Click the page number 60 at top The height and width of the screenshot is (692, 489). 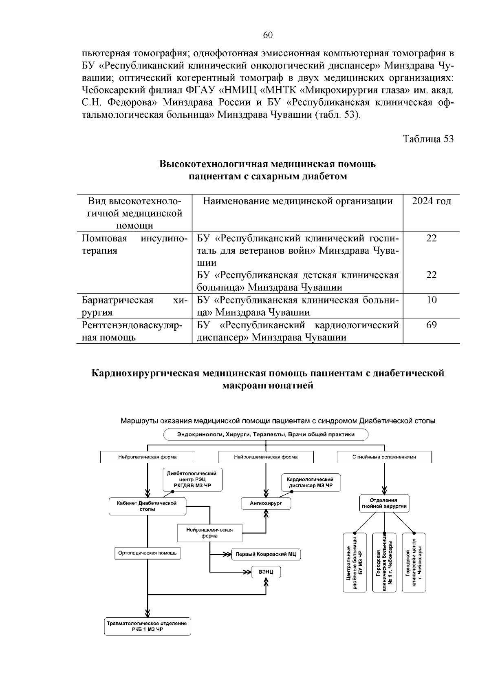pyautogui.click(x=268, y=35)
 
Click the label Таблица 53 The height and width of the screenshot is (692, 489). pyautogui.click(x=428, y=139)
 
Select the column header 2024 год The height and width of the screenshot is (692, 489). pyautogui.click(x=431, y=201)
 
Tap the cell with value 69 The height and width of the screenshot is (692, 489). pyautogui.click(x=431, y=325)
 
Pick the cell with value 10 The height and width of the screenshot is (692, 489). pyautogui.click(x=431, y=300)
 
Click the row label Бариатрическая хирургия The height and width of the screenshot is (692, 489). pyautogui.click(x=134, y=306)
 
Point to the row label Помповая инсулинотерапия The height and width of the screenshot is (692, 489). pyautogui.click(x=134, y=244)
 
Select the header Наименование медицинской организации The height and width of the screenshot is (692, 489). pyautogui.click(x=297, y=201)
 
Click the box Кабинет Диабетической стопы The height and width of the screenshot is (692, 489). pyautogui.click(x=147, y=506)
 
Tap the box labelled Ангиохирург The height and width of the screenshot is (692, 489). pyautogui.click(x=266, y=504)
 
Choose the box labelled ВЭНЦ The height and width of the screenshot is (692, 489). pyautogui.click(x=266, y=572)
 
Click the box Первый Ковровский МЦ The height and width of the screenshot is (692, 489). pyautogui.click(x=266, y=554)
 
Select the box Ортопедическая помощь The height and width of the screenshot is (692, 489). pyautogui.click(x=147, y=553)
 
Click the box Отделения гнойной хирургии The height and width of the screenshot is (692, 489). pyautogui.click(x=383, y=503)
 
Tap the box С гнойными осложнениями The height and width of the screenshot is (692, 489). pyautogui.click(x=384, y=457)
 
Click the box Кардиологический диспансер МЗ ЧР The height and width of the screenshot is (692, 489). pyautogui.click(x=310, y=483)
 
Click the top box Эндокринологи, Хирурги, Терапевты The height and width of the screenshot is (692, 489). pyautogui.click(x=266, y=435)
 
